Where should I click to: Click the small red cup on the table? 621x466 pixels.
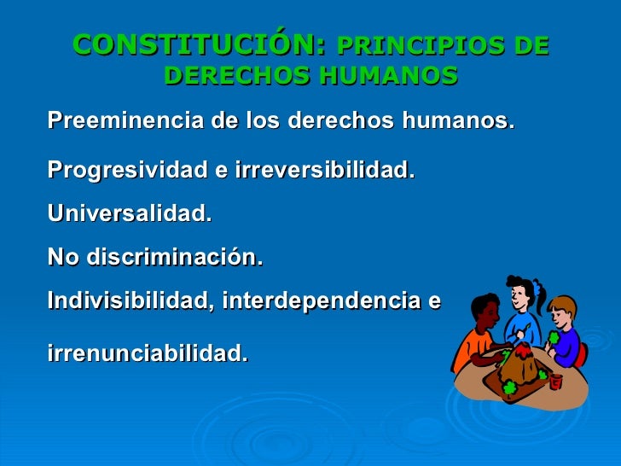click(555, 381)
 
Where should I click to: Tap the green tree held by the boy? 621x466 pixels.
click(554, 337)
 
